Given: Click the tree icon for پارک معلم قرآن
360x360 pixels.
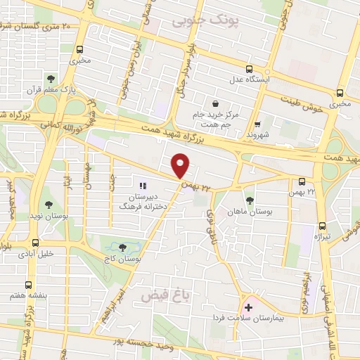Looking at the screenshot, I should tap(51, 78).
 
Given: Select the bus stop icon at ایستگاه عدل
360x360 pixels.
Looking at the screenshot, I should tap(249, 69).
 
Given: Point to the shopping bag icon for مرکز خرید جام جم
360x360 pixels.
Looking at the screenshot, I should tap(214, 103).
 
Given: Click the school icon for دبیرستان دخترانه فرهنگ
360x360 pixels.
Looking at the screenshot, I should tap(143, 186).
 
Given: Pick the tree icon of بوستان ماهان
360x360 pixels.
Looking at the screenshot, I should tap(250, 200).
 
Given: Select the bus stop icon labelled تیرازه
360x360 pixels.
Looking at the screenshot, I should tap(322, 226).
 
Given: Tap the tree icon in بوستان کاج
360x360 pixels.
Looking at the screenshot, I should tap(123, 247).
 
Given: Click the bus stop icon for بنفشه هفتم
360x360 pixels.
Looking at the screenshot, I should tap(28, 285).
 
